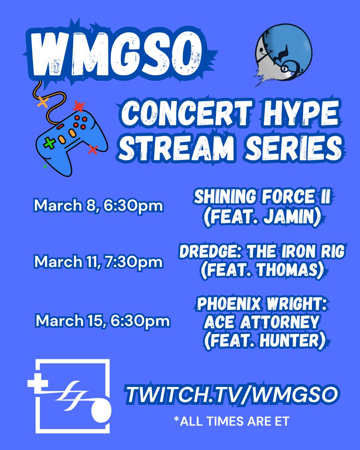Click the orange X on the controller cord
click(x=43, y=102)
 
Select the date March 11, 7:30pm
click(x=99, y=262)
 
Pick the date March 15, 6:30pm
click(x=102, y=321)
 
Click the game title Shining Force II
click(x=262, y=198)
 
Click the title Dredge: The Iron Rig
click(x=262, y=252)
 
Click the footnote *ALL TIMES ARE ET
click(x=231, y=421)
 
